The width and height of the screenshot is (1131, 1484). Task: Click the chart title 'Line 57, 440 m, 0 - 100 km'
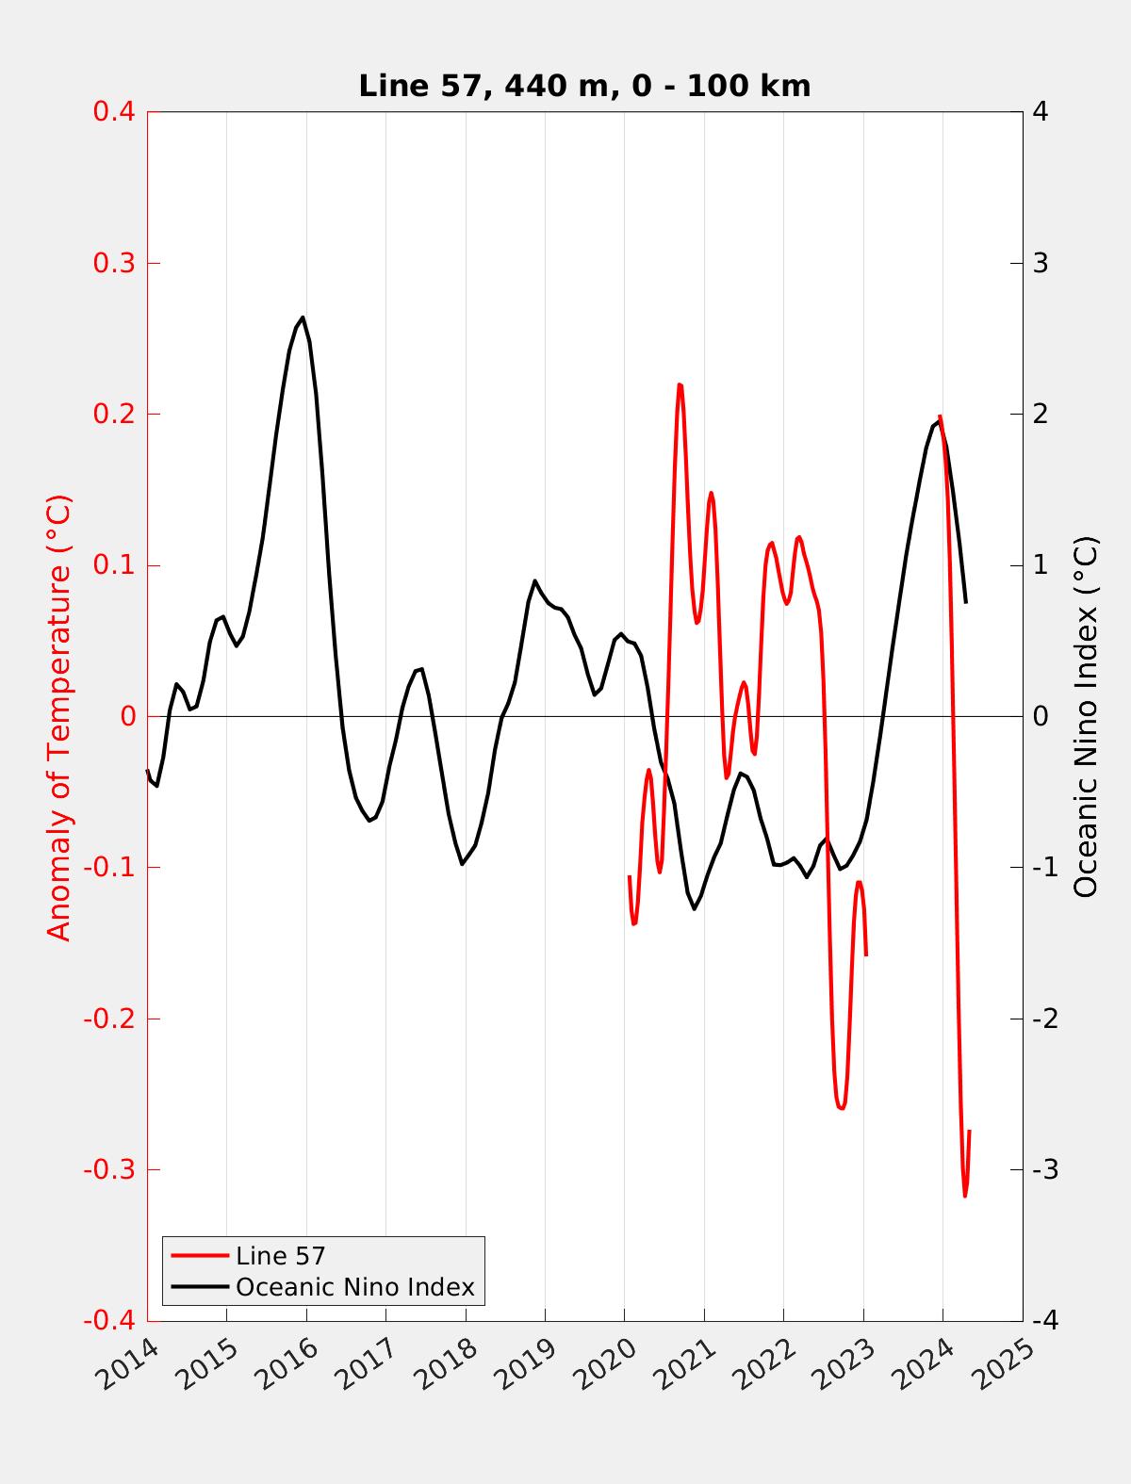click(584, 86)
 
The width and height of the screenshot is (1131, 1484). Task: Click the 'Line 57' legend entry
click(280, 1255)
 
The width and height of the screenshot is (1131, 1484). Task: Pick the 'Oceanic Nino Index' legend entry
click(354, 1286)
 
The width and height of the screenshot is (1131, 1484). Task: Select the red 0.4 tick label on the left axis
click(114, 111)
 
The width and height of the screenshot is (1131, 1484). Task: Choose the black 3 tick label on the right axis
click(1041, 263)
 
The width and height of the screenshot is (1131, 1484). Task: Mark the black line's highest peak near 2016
click(303, 318)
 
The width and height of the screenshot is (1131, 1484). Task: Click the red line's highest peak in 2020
click(680, 384)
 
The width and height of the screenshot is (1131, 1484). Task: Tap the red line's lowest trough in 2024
click(965, 1196)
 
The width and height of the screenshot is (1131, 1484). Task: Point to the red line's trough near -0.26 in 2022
click(841, 1108)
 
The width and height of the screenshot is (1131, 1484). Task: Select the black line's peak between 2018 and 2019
click(534, 580)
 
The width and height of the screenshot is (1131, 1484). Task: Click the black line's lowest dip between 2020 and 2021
click(695, 908)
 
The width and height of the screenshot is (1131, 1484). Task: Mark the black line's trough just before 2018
click(462, 864)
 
